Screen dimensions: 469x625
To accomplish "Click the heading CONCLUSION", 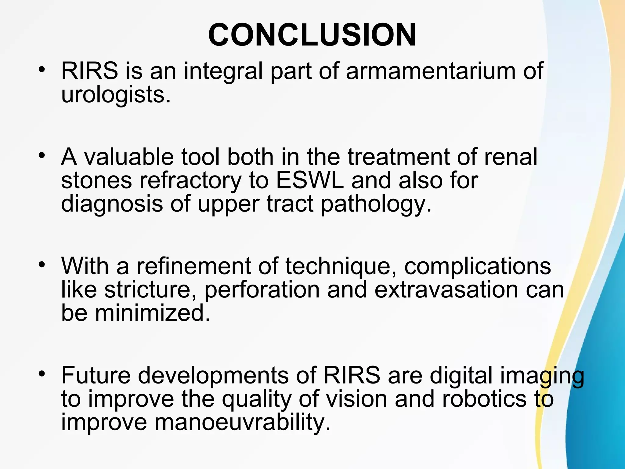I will (x=312, y=35).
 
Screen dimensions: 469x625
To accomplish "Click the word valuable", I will (x=129, y=157).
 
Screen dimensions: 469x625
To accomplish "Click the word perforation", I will (x=262, y=290).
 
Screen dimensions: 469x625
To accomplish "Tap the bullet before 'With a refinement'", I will (x=42, y=264).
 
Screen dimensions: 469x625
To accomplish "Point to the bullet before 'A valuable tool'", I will (x=42, y=156).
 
